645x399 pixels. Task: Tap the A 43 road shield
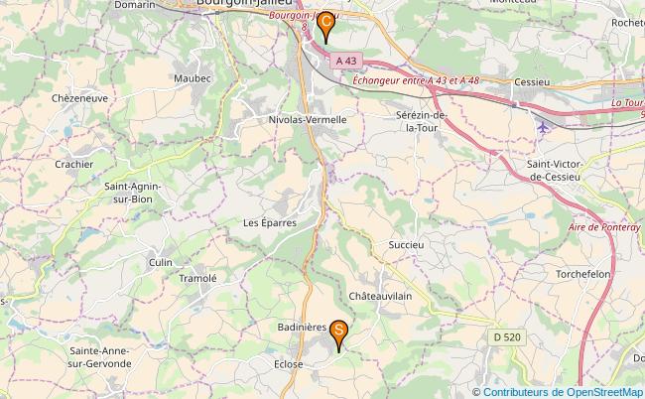click(x=344, y=61)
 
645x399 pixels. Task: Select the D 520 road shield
click(x=507, y=338)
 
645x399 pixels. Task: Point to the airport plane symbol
click(x=541, y=127)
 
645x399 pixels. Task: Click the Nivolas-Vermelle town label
click(x=307, y=119)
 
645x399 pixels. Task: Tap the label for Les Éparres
click(x=270, y=223)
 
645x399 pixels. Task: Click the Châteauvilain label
click(x=380, y=297)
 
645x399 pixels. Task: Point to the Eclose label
click(x=287, y=364)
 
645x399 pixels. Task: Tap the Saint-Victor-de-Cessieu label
click(x=563, y=170)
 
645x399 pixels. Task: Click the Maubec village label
click(x=193, y=77)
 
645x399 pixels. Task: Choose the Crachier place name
click(x=74, y=164)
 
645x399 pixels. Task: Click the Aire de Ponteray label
click(x=606, y=226)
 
